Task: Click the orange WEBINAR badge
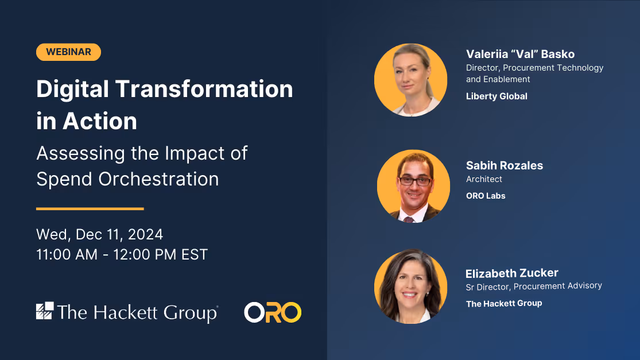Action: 68,52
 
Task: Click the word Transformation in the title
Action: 204,88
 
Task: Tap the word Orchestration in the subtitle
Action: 158,179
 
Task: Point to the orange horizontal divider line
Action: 90,208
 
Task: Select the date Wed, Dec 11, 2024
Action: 100,234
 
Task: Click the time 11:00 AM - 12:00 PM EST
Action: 122,254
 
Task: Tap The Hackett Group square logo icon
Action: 45,311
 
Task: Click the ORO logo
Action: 273,312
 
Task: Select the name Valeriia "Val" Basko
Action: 521,54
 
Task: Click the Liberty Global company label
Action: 497,96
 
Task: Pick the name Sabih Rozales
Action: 505,165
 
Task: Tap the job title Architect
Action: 484,179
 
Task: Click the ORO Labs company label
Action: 486,196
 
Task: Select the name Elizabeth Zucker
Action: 512,273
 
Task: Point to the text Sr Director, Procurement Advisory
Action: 534,286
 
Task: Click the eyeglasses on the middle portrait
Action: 414,181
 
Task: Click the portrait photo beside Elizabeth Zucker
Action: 410,286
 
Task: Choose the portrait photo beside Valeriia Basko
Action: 410,80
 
